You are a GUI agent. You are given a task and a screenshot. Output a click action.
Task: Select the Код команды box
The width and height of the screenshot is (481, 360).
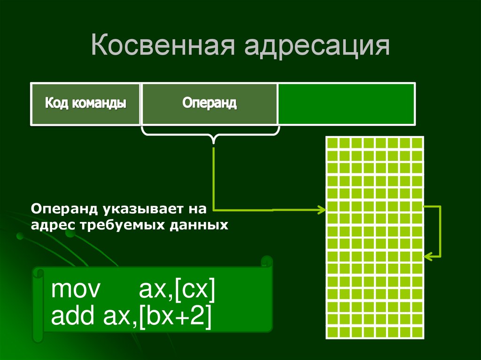[85, 104]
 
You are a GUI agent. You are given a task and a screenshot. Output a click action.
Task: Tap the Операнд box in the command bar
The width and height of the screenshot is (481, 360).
[209, 104]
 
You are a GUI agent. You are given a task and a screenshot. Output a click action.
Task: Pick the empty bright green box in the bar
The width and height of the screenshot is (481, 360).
[346, 104]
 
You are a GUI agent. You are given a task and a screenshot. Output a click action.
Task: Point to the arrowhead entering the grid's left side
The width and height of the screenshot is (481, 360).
[322, 210]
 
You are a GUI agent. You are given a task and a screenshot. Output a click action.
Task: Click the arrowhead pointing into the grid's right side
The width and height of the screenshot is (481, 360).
[427, 256]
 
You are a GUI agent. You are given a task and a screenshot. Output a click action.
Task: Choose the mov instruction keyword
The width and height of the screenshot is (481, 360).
[76, 290]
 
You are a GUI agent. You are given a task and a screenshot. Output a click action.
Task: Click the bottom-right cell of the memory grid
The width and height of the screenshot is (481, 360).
[417, 332]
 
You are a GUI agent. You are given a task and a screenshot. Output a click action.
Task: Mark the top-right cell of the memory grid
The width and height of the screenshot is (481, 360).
[417, 143]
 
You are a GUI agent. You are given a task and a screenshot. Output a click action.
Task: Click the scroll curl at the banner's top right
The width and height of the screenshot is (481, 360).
[266, 261]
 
